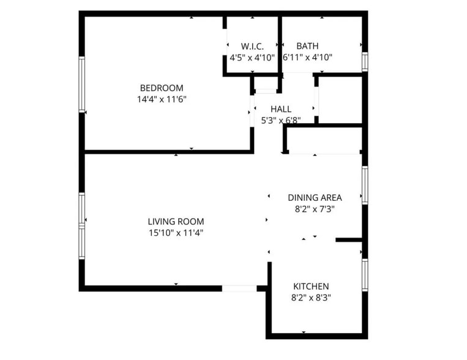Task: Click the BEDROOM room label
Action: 161,88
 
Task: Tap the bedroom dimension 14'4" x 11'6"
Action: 162,99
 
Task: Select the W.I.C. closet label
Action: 252,46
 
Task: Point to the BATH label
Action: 307,46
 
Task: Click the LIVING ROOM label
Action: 176,221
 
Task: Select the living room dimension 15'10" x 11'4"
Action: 176,232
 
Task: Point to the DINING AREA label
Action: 315,197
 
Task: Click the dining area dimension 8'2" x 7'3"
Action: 315,208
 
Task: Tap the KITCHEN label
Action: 311,286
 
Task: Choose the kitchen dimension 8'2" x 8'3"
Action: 311,298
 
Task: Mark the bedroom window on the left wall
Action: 81,84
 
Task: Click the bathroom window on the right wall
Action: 364,61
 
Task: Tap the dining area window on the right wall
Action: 365,184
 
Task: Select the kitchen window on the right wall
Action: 365,274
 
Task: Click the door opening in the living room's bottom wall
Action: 239,288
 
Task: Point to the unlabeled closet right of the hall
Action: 340,99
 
